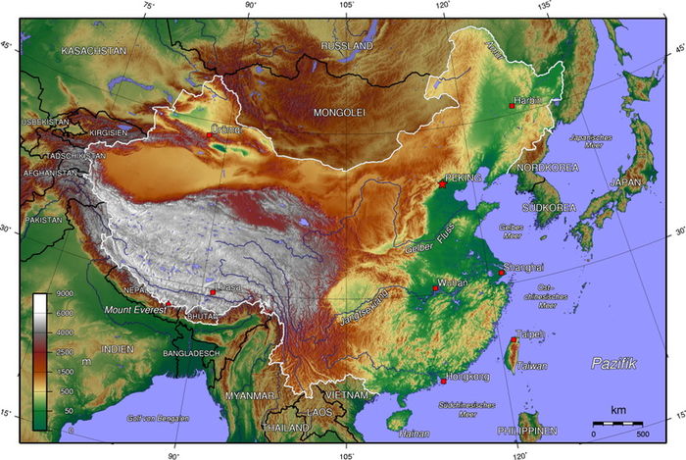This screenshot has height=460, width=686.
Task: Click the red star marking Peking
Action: (443, 183)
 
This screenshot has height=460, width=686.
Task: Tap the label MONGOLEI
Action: (338, 113)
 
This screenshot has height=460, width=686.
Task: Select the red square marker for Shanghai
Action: (502, 275)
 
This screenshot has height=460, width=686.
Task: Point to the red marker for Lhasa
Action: (213, 292)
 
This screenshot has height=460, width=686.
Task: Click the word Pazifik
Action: (613, 364)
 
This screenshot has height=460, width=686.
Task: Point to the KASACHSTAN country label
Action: (94, 49)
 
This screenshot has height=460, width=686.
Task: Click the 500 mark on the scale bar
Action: (643, 434)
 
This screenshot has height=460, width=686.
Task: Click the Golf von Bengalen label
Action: (158, 419)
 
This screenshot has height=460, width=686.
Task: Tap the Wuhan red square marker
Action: (435, 288)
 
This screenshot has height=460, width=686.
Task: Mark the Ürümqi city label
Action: (225, 128)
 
